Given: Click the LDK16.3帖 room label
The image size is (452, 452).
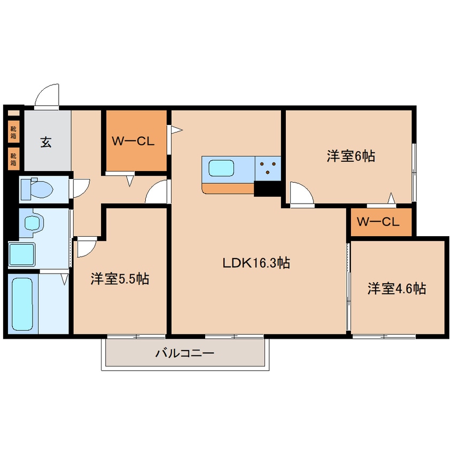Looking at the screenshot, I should pyautogui.click(x=256, y=263).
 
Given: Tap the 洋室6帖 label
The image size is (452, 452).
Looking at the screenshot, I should pyautogui.click(x=350, y=156).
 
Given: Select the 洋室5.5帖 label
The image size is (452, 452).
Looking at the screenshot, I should pyautogui.click(x=119, y=278).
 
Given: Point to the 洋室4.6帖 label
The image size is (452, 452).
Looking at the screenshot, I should pyautogui.click(x=396, y=289).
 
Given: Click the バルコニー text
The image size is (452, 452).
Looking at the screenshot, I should pyautogui.click(x=185, y=353).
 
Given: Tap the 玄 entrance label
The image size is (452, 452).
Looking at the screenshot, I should pyautogui.click(x=46, y=142).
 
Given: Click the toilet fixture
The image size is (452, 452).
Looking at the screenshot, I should pyautogui.click(x=37, y=189).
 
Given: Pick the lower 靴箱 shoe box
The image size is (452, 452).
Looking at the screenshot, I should pyautogui.click(x=13, y=159).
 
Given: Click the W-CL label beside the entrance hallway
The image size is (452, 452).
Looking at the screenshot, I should pyautogui.click(x=133, y=142).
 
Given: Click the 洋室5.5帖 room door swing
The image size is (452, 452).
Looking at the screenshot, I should pyautogui.click(x=86, y=247).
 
